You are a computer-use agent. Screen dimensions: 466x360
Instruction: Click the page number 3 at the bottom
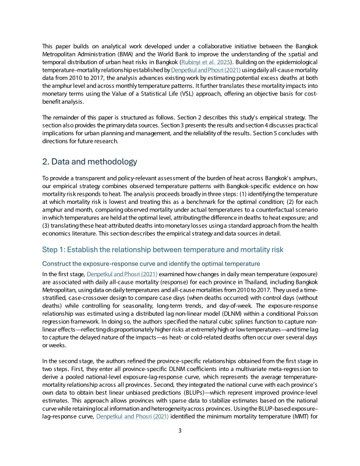(x=180, y=447)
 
